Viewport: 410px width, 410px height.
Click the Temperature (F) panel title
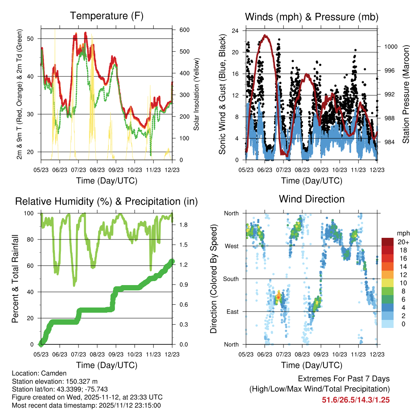point(107,16)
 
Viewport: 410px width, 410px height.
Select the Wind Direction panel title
point(312,199)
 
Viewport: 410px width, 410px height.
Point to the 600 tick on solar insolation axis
point(184,30)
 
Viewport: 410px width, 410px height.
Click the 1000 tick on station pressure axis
point(390,46)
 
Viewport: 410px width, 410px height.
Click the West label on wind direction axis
point(231,246)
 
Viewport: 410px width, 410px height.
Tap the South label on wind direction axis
point(231,279)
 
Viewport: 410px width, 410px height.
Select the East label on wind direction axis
point(232,312)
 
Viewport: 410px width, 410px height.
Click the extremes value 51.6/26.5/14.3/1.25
point(356,400)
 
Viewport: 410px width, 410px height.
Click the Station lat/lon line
point(60,389)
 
